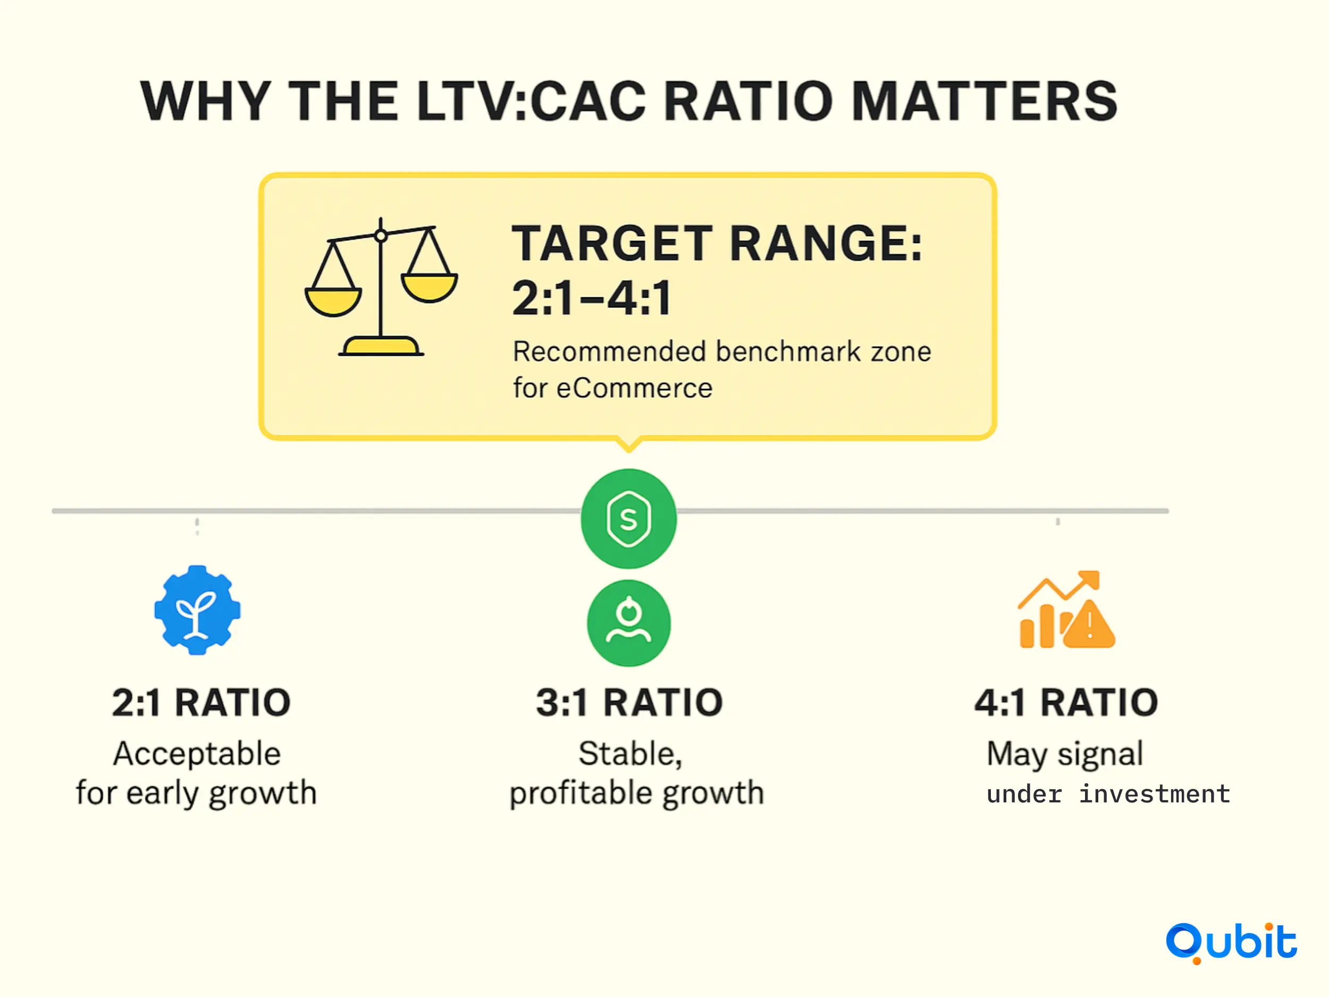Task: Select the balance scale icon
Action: tap(382, 287)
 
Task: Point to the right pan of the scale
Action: tap(430, 287)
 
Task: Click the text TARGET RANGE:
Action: tap(717, 243)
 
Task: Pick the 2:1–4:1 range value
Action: tap(592, 297)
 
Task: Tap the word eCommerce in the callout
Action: tap(634, 388)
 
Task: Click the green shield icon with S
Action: tap(628, 518)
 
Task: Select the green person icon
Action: tap(628, 623)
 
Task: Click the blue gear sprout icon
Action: tap(197, 610)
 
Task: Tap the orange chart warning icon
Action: tap(1066, 609)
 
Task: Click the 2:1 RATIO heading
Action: tap(201, 702)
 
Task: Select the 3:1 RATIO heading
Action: tap(629, 702)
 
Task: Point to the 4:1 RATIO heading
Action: tap(1066, 702)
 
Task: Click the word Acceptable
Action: tap(197, 753)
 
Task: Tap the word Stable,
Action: tap(630, 754)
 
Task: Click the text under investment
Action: tap(1108, 794)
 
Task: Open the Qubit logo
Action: tap(1231, 942)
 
